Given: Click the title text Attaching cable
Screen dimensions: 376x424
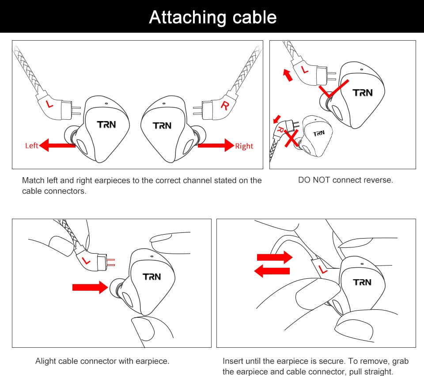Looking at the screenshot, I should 212,17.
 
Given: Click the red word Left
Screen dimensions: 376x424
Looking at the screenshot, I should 32,145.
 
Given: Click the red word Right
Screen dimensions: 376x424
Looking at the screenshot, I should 244,146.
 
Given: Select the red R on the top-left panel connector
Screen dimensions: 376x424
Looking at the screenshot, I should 225,106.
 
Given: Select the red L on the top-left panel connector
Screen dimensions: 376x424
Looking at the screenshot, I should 49,104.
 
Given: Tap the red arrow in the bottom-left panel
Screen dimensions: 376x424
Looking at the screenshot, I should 90,288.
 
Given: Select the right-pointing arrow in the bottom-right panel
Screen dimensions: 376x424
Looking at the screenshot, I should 274,257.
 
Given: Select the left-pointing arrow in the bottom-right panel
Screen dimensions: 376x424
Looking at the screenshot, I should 273,270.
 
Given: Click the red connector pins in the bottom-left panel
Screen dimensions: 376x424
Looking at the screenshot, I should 111,262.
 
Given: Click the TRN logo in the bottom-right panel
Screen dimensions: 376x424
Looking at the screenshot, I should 362,282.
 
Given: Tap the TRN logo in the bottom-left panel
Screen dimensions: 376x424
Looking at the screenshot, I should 152,277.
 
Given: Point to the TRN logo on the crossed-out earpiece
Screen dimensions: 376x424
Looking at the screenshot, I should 318,133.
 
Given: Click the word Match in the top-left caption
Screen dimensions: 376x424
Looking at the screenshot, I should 32,180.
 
